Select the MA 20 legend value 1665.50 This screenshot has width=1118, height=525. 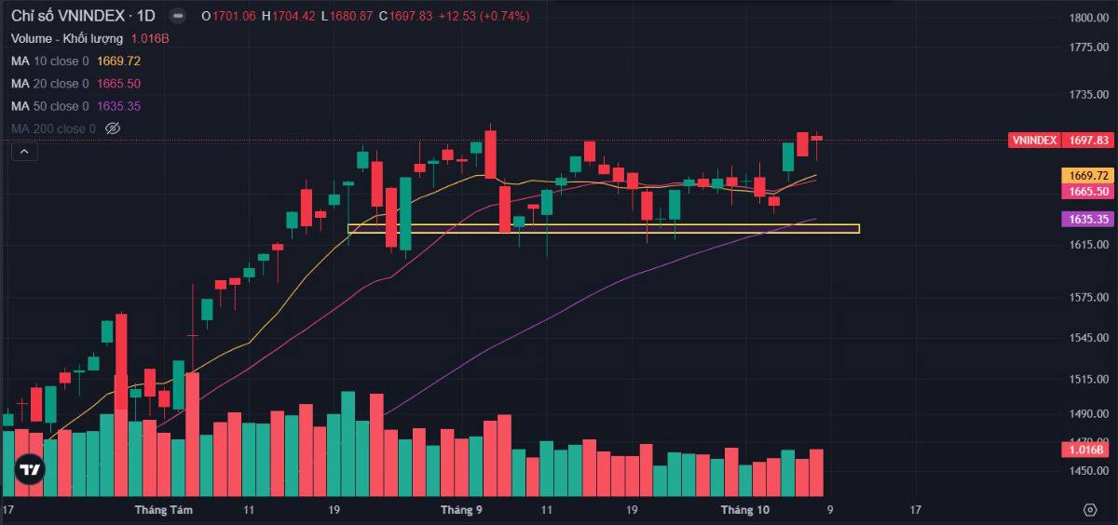click(118, 84)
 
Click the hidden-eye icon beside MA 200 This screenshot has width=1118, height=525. click(113, 128)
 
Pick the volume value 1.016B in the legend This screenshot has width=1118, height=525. click(150, 38)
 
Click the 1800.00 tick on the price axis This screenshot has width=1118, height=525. click(1088, 18)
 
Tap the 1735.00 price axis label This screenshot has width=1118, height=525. click(1088, 95)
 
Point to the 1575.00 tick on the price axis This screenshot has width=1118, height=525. click(1088, 298)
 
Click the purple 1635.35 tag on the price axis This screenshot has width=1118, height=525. click(1087, 220)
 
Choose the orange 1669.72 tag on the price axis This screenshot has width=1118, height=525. click(1087, 175)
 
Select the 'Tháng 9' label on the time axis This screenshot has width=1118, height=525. click(461, 510)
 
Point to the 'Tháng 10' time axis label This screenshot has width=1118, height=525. click(745, 510)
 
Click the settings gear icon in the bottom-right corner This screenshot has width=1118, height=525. click(1090, 510)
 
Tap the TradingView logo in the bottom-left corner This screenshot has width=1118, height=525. click(31, 469)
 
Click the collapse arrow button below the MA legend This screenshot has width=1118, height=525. click(23, 151)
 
